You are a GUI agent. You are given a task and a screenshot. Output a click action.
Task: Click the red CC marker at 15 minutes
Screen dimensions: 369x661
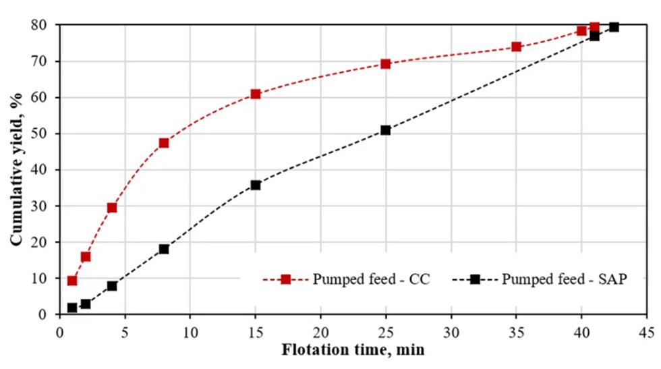255,94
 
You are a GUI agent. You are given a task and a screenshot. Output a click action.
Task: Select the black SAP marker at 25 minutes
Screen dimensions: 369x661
386,130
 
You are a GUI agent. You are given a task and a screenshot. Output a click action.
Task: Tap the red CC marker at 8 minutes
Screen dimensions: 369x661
164,143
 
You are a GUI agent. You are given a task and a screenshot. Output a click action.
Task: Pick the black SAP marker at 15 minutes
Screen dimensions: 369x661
255,185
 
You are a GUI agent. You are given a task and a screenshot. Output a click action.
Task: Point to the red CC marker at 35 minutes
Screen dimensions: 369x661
517,47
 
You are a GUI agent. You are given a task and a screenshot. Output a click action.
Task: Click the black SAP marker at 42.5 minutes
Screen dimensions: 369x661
614,27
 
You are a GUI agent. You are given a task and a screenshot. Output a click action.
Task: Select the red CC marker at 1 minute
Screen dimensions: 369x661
72,281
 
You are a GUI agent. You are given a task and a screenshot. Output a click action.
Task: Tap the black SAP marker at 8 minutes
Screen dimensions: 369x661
164,249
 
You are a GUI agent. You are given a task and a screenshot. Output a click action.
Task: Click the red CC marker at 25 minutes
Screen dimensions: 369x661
386,64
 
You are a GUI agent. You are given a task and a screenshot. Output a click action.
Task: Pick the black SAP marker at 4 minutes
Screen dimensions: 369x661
112,286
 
